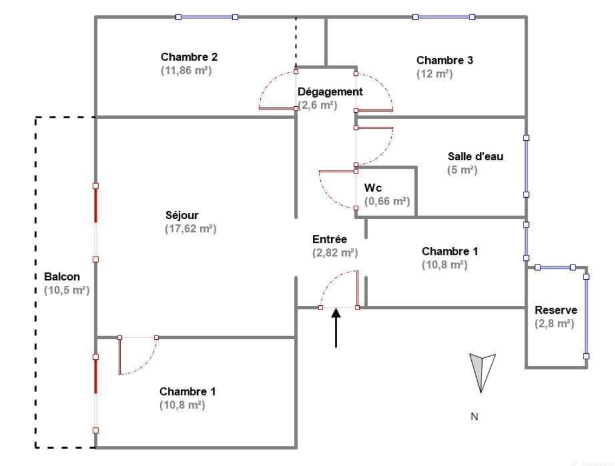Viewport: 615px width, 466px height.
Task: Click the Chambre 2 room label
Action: click(x=189, y=57)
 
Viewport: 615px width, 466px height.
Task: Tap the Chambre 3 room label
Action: click(x=445, y=61)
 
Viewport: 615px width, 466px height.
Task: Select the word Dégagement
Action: click(x=331, y=92)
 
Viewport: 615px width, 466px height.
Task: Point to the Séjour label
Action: click(x=182, y=215)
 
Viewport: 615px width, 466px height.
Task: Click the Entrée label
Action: click(x=329, y=239)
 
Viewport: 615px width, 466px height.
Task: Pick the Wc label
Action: click(x=372, y=188)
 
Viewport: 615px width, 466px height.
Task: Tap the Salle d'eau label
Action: click(x=476, y=157)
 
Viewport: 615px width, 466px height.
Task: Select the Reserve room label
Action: click(x=556, y=310)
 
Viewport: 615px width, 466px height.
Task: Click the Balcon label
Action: click(x=62, y=277)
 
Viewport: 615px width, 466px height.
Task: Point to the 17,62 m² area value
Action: click(x=190, y=229)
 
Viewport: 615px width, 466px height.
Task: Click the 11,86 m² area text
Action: click(x=186, y=70)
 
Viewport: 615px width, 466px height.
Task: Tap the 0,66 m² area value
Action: click(x=387, y=201)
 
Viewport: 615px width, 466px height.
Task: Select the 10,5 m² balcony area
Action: click(x=67, y=290)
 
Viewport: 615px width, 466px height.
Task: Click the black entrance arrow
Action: click(x=336, y=328)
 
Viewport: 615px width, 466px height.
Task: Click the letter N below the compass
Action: click(x=474, y=417)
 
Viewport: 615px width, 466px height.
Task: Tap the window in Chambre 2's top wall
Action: click(x=207, y=17)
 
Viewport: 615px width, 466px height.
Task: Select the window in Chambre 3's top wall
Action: click(x=443, y=17)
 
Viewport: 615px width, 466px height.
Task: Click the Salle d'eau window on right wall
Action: click(x=526, y=166)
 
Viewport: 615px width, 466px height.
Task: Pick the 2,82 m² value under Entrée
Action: click(x=335, y=252)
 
